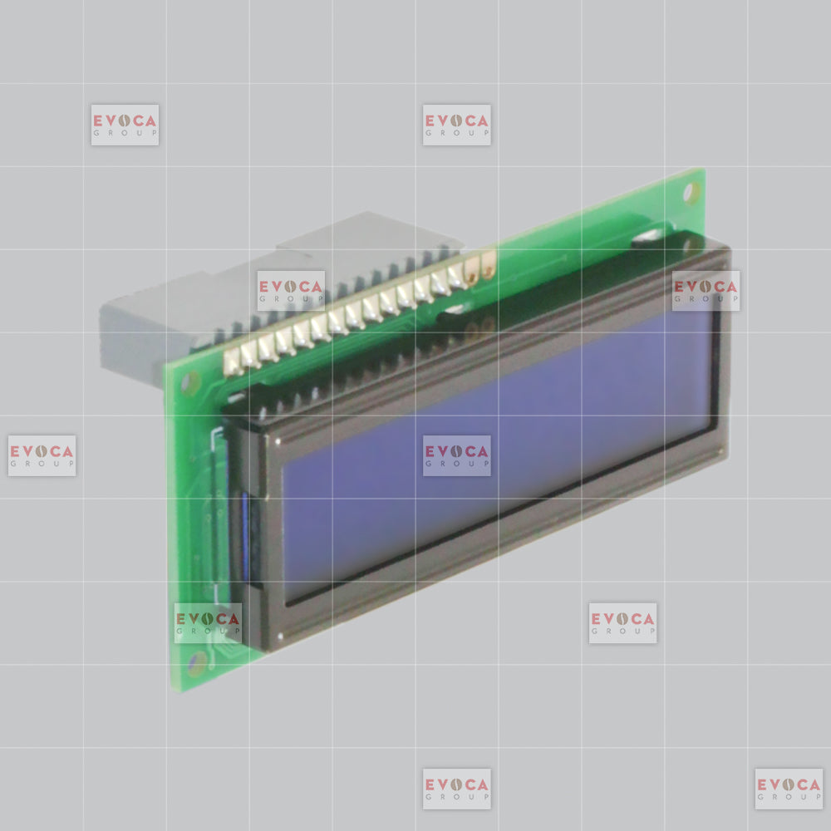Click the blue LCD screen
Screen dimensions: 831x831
(x=497, y=455)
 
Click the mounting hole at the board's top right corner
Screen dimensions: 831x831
(x=691, y=193)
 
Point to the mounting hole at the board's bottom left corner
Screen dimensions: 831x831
(x=197, y=663)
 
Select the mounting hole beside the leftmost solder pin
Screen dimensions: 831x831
(x=191, y=382)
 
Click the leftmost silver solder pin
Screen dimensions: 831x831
(x=232, y=363)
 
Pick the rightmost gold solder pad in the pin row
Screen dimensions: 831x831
(x=488, y=264)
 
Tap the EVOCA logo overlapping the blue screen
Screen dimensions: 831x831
(x=457, y=455)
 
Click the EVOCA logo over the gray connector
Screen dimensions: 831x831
(x=291, y=290)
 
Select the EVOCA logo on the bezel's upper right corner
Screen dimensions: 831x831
(x=706, y=290)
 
